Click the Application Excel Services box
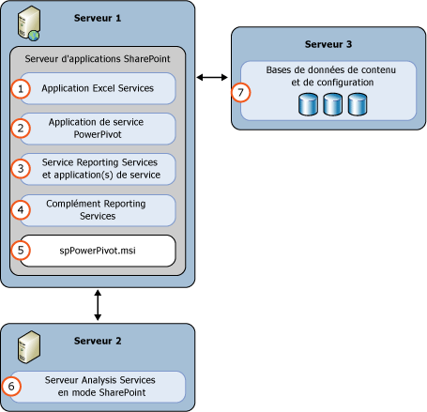pos(99,88)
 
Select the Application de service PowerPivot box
pos(99,128)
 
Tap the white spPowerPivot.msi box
pos(99,251)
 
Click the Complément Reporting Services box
pos(99,209)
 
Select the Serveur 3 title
pos(329,43)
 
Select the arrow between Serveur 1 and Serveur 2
pos(97,303)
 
